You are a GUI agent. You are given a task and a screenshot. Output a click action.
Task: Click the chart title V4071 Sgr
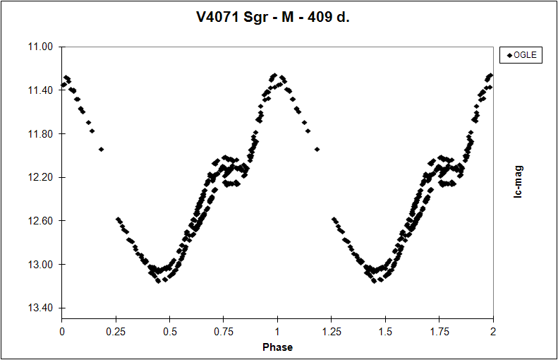[x=272, y=17]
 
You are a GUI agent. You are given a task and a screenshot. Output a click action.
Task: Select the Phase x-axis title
[x=277, y=347]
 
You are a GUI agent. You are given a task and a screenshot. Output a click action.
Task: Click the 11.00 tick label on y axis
[x=43, y=47]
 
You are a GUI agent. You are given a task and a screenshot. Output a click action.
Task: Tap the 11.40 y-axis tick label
[x=43, y=90]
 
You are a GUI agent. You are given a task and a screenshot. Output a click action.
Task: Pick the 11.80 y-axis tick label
[x=43, y=134]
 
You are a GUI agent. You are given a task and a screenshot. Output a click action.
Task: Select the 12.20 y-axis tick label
[x=43, y=178]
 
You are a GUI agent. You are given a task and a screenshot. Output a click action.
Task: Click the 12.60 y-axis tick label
[x=43, y=221]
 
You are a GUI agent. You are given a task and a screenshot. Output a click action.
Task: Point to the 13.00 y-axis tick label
[x=43, y=265]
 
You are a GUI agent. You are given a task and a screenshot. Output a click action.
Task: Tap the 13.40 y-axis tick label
[x=43, y=308]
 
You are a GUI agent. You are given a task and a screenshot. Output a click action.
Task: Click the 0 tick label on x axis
[x=62, y=331]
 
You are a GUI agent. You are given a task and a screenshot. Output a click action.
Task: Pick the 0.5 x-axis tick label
[x=170, y=331]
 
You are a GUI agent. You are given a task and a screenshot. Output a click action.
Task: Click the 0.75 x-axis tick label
[x=224, y=331]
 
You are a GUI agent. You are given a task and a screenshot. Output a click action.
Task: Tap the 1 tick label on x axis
[x=277, y=331]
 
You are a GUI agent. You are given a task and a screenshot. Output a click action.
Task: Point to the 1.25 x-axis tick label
[x=332, y=331]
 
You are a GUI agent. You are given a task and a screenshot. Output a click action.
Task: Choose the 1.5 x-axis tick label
[x=385, y=331]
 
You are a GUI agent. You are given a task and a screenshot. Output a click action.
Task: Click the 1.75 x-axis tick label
[x=439, y=331]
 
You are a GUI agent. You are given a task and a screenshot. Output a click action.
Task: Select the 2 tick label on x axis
[x=492, y=331]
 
